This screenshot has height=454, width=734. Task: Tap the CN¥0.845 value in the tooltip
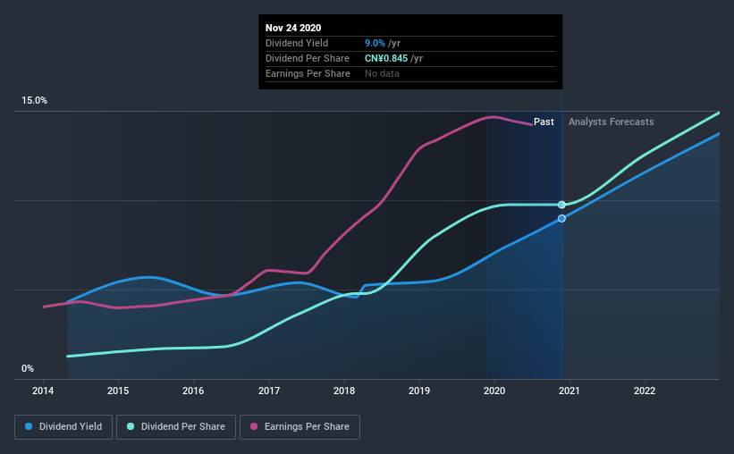click(392, 58)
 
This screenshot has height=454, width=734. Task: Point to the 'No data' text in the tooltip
click(382, 73)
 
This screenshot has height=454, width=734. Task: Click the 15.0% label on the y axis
click(35, 101)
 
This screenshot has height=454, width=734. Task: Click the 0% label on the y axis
click(28, 368)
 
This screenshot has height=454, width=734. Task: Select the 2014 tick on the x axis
click(43, 391)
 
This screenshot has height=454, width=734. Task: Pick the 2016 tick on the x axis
click(193, 391)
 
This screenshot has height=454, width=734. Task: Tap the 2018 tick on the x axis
click(344, 391)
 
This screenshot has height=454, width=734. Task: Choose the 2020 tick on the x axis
click(494, 391)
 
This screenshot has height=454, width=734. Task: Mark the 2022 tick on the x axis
click(645, 391)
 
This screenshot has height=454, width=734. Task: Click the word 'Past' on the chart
click(544, 122)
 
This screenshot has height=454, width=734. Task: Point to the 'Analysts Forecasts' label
click(611, 122)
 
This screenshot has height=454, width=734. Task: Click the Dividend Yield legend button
click(64, 427)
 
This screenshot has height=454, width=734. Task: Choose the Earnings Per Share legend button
click(300, 427)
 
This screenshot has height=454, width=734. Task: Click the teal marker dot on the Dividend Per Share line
click(561, 205)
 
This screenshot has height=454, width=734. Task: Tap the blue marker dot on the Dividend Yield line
click(561, 218)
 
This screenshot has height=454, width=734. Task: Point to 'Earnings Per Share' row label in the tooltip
click(307, 73)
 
